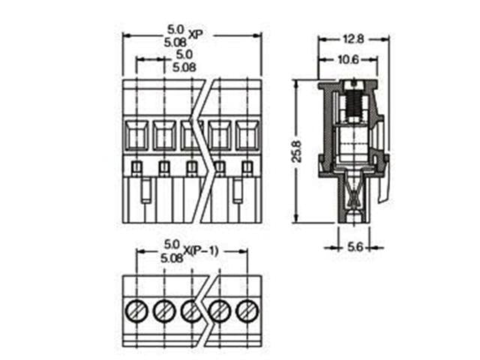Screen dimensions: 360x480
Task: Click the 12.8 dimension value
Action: pyautogui.click(x=352, y=38)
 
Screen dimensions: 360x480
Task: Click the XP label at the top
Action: pyautogui.click(x=196, y=34)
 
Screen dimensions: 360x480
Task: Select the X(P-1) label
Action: pyautogui.click(x=201, y=250)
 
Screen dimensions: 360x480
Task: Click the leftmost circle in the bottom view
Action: pyautogui.click(x=136, y=309)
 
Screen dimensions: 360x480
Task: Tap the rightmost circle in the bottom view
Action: pyautogui.click(x=247, y=309)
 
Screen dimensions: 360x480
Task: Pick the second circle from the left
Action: pyautogui.click(x=163, y=309)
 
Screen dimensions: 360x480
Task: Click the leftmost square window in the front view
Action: pyautogui.click(x=136, y=136)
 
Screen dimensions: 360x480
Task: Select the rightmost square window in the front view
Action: pyautogui.click(x=247, y=136)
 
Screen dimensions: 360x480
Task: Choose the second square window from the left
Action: pyautogui.click(x=163, y=136)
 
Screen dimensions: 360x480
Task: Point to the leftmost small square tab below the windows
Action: pyautogui.click(x=136, y=167)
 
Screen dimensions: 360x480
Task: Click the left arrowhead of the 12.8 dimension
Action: pyautogui.click(x=321, y=38)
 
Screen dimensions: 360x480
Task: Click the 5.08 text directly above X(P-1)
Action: pyautogui.click(x=172, y=257)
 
